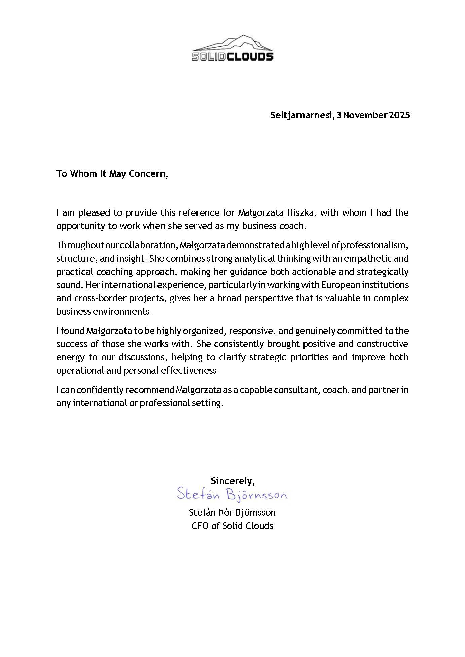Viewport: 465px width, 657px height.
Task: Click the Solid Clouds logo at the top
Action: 232,48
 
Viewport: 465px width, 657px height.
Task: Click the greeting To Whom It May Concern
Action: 112,174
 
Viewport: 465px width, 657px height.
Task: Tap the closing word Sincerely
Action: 232,481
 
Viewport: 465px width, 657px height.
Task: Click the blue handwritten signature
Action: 232,495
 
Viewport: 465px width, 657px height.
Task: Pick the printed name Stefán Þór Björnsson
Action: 232,513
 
